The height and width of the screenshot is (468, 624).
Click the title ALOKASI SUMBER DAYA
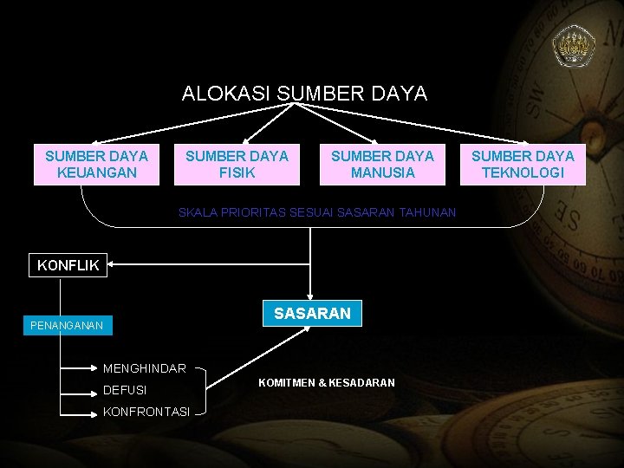pos(304,94)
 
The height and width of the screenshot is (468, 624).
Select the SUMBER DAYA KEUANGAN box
pos(96,165)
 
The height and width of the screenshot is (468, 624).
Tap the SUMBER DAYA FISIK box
pos(237,165)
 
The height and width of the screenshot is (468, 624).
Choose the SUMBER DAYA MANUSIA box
pos(382,165)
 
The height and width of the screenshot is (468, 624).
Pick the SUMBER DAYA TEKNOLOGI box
pos(523,165)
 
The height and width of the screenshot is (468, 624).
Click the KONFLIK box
pos(68,265)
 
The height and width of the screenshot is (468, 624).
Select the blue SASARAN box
pos(312,313)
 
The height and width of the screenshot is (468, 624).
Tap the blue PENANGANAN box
pos(66,326)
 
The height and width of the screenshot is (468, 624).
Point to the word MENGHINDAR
pos(144,369)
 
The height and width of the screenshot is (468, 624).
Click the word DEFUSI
pos(125,390)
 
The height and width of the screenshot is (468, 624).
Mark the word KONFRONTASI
pos(146,411)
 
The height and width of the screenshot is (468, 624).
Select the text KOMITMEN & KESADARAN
pos(326,382)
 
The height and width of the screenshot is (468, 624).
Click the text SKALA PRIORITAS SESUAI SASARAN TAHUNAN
pos(317,212)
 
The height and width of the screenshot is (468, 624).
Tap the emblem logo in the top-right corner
pos(573,46)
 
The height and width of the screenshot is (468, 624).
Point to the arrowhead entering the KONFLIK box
pos(114,264)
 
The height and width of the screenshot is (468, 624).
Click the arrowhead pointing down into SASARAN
pos(312,295)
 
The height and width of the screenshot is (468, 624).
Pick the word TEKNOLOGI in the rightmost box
pos(523,172)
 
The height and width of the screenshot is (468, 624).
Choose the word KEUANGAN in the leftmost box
pos(96,172)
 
